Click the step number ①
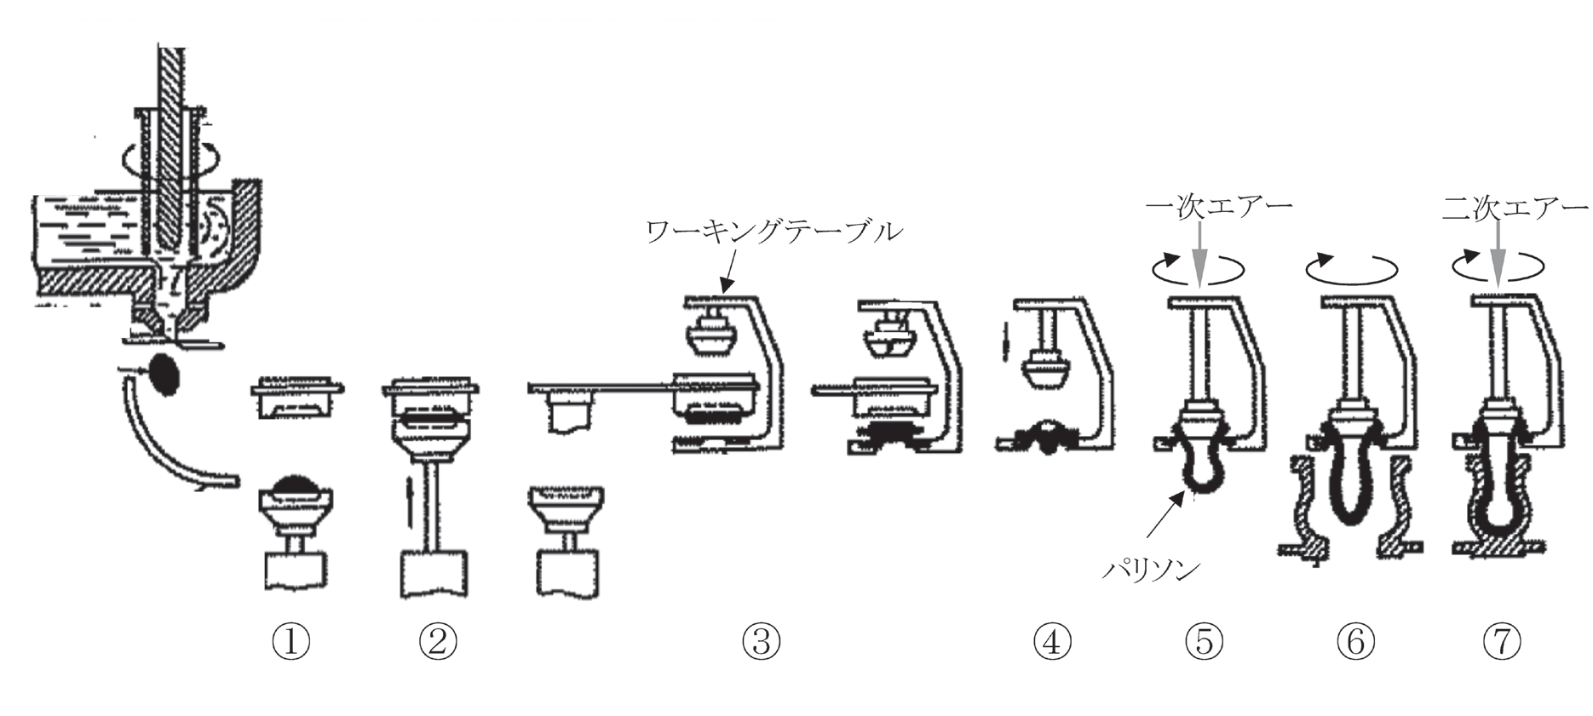coord(290,641)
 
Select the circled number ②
coord(438,641)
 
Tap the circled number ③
coord(761,641)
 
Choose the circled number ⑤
coord(1204,641)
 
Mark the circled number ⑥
coord(1355,641)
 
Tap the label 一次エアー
coord(1219,207)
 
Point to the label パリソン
coord(1151,570)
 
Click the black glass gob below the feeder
coord(163,373)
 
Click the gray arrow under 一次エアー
coord(1199,255)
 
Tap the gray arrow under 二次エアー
coord(1497,255)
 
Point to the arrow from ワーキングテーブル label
coord(727,274)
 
